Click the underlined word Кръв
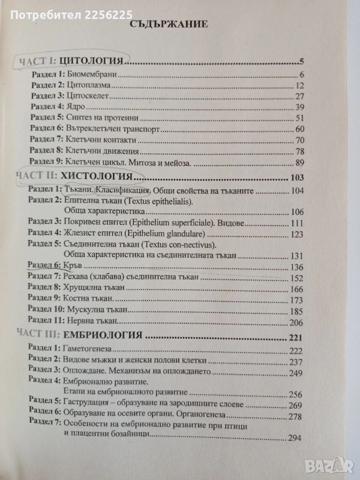pyautogui.click(x=73, y=266)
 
